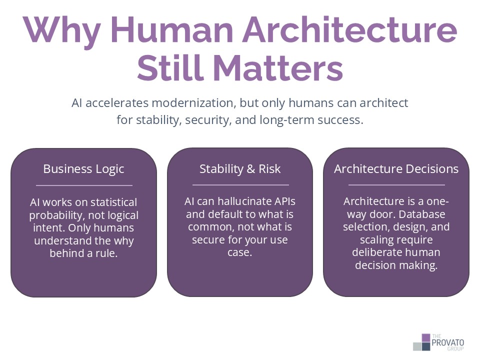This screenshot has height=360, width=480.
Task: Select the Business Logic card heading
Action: point(83,169)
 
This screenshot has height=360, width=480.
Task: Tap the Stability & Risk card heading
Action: point(240,169)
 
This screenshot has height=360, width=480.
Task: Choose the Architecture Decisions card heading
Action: point(396,169)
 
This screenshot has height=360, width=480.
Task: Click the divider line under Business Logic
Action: point(83,185)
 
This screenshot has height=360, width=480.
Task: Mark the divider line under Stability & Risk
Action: point(240,185)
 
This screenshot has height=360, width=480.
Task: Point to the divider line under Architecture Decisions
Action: point(396,185)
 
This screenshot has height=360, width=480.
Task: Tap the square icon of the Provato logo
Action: point(421,342)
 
